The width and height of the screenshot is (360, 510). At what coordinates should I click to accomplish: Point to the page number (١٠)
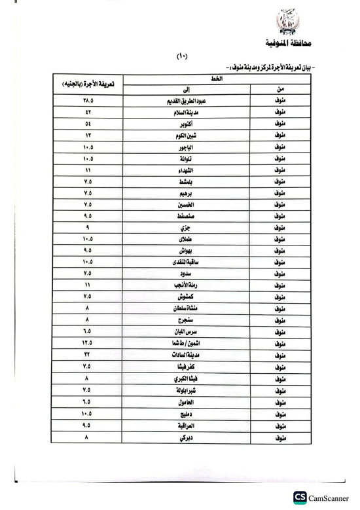pos(182,57)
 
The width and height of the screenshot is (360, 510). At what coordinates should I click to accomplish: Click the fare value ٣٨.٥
pos(88,101)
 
